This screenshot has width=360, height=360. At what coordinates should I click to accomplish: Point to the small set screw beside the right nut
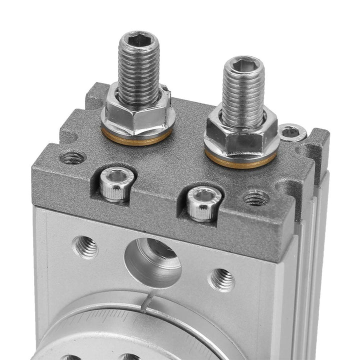[x=293, y=132]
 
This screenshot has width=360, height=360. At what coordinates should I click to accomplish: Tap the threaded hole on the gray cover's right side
[x=256, y=198]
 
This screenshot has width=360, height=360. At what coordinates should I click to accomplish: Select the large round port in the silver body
[x=153, y=260]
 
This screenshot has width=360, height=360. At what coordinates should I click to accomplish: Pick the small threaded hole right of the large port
[x=220, y=279]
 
